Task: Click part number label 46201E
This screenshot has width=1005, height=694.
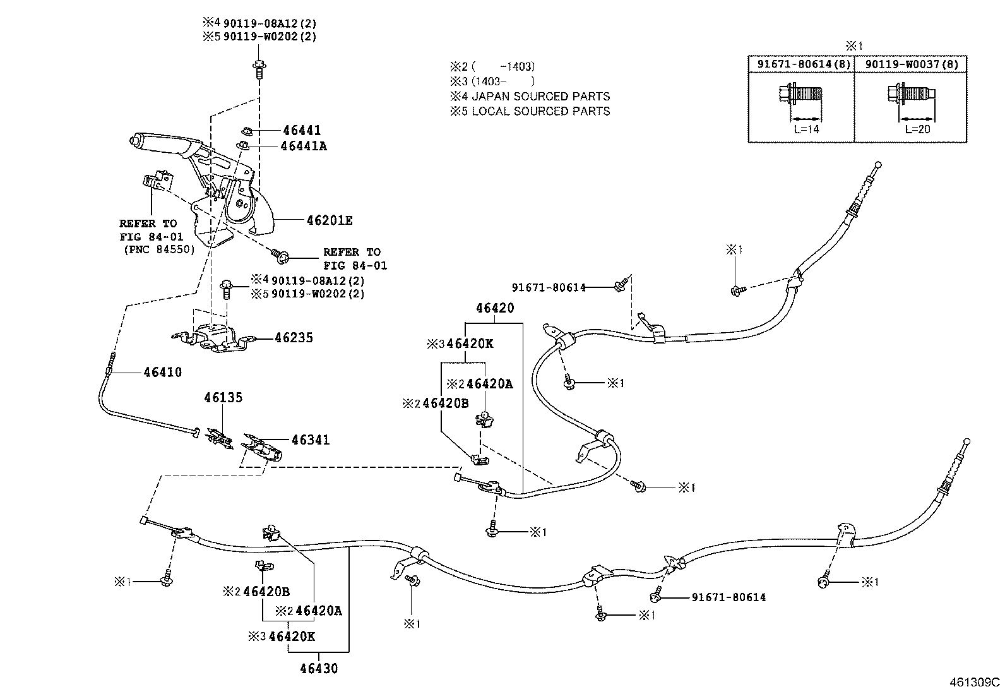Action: (x=329, y=220)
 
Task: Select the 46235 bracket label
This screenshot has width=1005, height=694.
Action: (x=294, y=338)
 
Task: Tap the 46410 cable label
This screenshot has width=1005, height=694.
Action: (x=162, y=372)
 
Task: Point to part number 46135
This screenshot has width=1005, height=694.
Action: (x=223, y=398)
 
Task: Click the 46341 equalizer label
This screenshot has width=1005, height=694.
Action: (x=310, y=440)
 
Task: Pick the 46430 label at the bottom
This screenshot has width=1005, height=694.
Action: (x=319, y=668)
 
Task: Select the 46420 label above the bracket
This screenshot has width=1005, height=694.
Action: (x=495, y=308)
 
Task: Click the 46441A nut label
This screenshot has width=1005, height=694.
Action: (x=305, y=146)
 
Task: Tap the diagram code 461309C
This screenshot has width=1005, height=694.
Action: (x=975, y=683)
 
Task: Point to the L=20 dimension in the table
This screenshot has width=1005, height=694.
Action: (x=917, y=130)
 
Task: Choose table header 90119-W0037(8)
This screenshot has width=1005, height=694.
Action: (x=910, y=64)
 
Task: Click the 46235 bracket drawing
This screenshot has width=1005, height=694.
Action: (x=215, y=338)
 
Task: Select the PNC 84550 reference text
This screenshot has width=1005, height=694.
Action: (x=158, y=249)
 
